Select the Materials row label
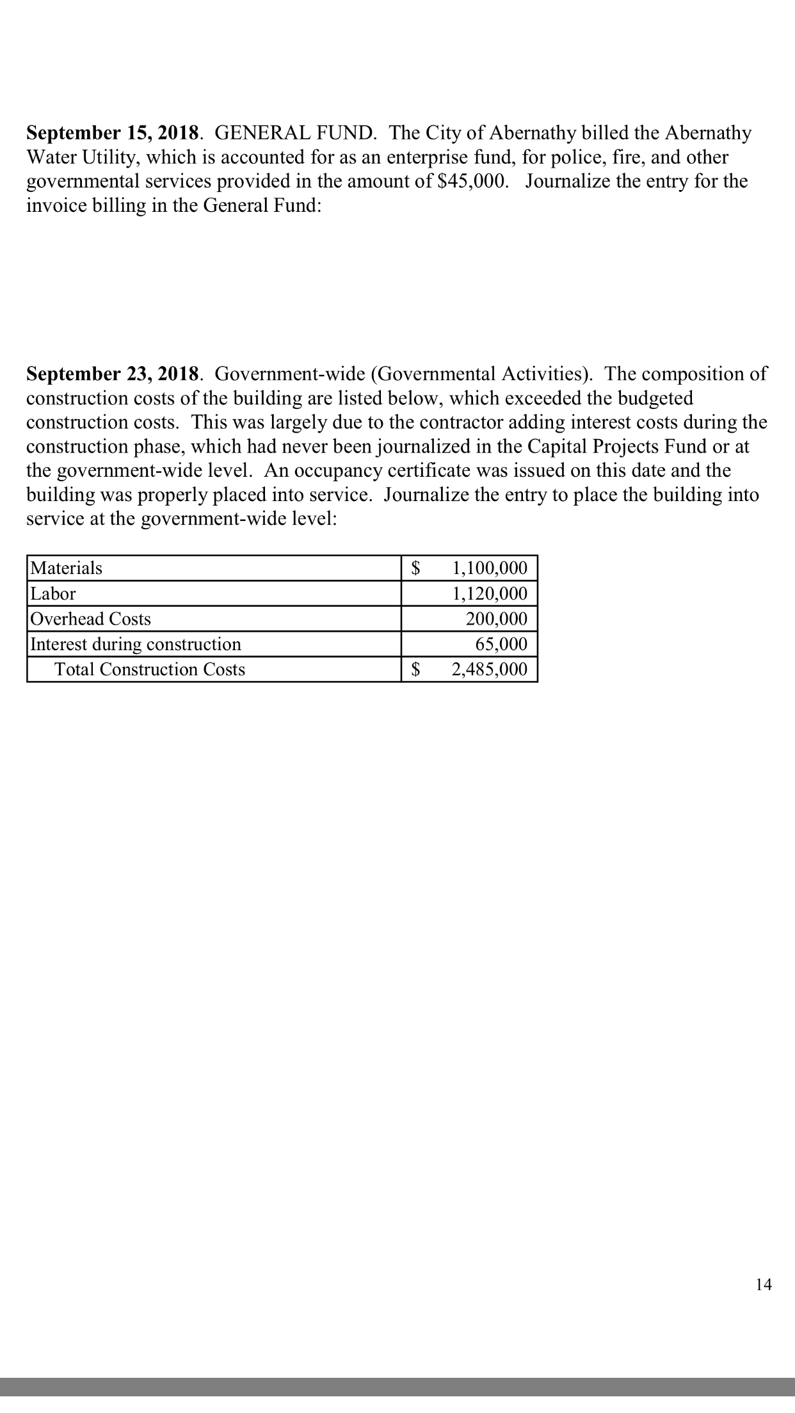67,568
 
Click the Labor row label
53,594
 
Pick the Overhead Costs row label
91,619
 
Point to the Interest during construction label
136,644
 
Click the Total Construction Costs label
149,669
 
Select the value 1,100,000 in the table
490,568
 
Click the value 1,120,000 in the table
490,594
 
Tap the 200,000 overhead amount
497,619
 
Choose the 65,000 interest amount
502,644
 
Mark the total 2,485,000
490,669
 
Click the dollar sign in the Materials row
417,568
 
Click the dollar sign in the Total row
417,669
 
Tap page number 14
763,1284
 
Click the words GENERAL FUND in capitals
295,133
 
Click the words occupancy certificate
396,471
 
